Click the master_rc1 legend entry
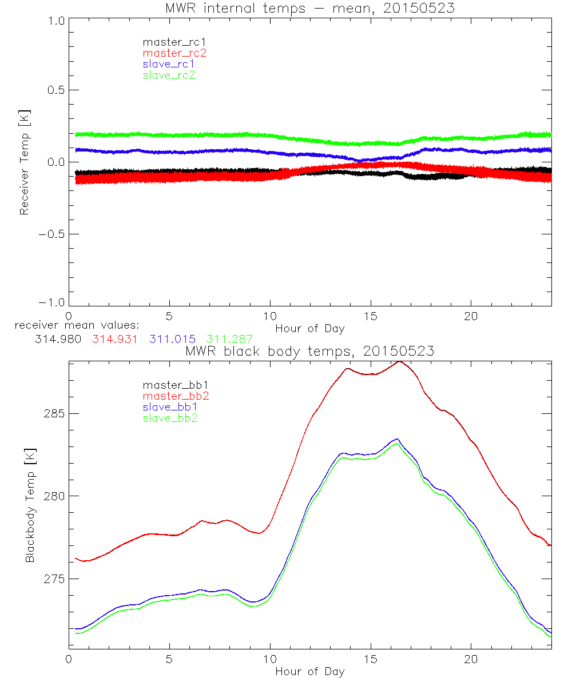169,42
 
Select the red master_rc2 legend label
174,53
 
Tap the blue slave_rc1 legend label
169,64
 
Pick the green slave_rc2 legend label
169,75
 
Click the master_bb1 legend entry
171,385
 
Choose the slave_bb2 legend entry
171,419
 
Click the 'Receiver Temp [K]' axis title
25,162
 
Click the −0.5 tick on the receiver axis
53,234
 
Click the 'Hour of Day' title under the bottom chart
309,672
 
